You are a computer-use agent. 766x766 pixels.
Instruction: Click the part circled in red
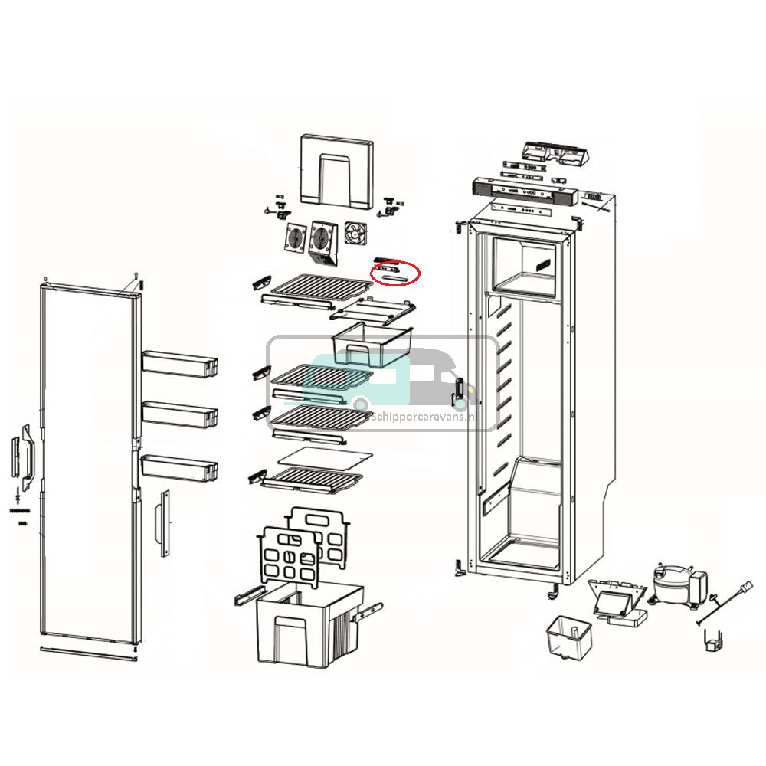395,272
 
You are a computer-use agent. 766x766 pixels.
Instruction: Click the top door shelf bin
179,362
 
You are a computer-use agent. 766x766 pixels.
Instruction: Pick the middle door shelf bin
179,413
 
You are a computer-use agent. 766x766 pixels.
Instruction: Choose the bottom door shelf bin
179,465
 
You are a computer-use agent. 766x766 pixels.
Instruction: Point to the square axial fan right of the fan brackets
357,233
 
